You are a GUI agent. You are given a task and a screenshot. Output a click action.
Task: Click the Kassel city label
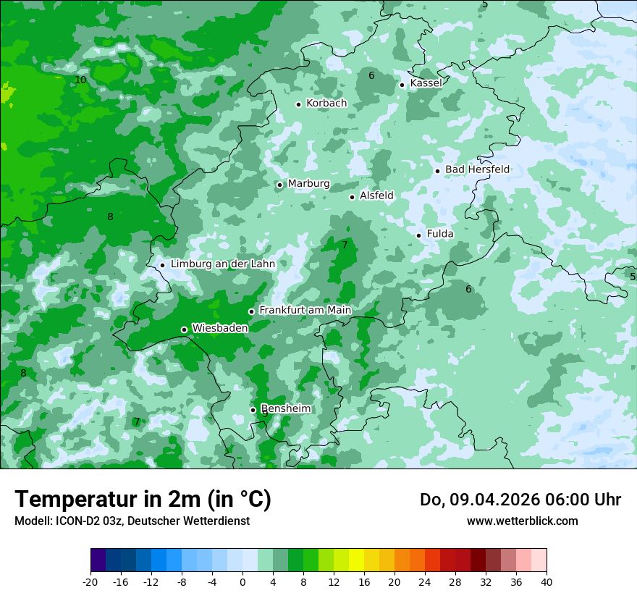(x=426, y=83)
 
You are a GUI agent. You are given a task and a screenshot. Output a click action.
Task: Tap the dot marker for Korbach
(x=298, y=104)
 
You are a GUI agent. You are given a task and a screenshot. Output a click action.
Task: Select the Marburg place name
(x=308, y=184)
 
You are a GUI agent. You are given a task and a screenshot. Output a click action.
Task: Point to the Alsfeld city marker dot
(x=353, y=197)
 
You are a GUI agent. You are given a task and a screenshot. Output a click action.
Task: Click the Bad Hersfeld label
(x=477, y=169)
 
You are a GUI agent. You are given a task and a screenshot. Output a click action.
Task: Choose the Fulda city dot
(x=419, y=235)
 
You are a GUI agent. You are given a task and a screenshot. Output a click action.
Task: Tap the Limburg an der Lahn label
(x=222, y=264)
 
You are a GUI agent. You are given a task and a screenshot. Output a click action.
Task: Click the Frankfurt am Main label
(x=305, y=311)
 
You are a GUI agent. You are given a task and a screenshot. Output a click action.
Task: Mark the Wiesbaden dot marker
(x=185, y=330)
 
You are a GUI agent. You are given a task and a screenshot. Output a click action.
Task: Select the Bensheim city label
(x=286, y=409)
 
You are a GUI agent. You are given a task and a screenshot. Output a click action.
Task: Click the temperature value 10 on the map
(x=80, y=80)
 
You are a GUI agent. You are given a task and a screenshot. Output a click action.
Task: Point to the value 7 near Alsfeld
(x=345, y=245)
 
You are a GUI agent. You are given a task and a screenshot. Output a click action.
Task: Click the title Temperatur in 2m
(x=143, y=500)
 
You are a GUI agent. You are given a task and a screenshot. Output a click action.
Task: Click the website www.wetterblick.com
(x=522, y=521)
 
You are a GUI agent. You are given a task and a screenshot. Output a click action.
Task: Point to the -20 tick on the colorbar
(x=90, y=581)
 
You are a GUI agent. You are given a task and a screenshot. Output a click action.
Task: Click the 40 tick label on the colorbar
(x=546, y=581)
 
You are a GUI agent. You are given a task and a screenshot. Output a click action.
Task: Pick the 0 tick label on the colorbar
(x=242, y=581)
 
